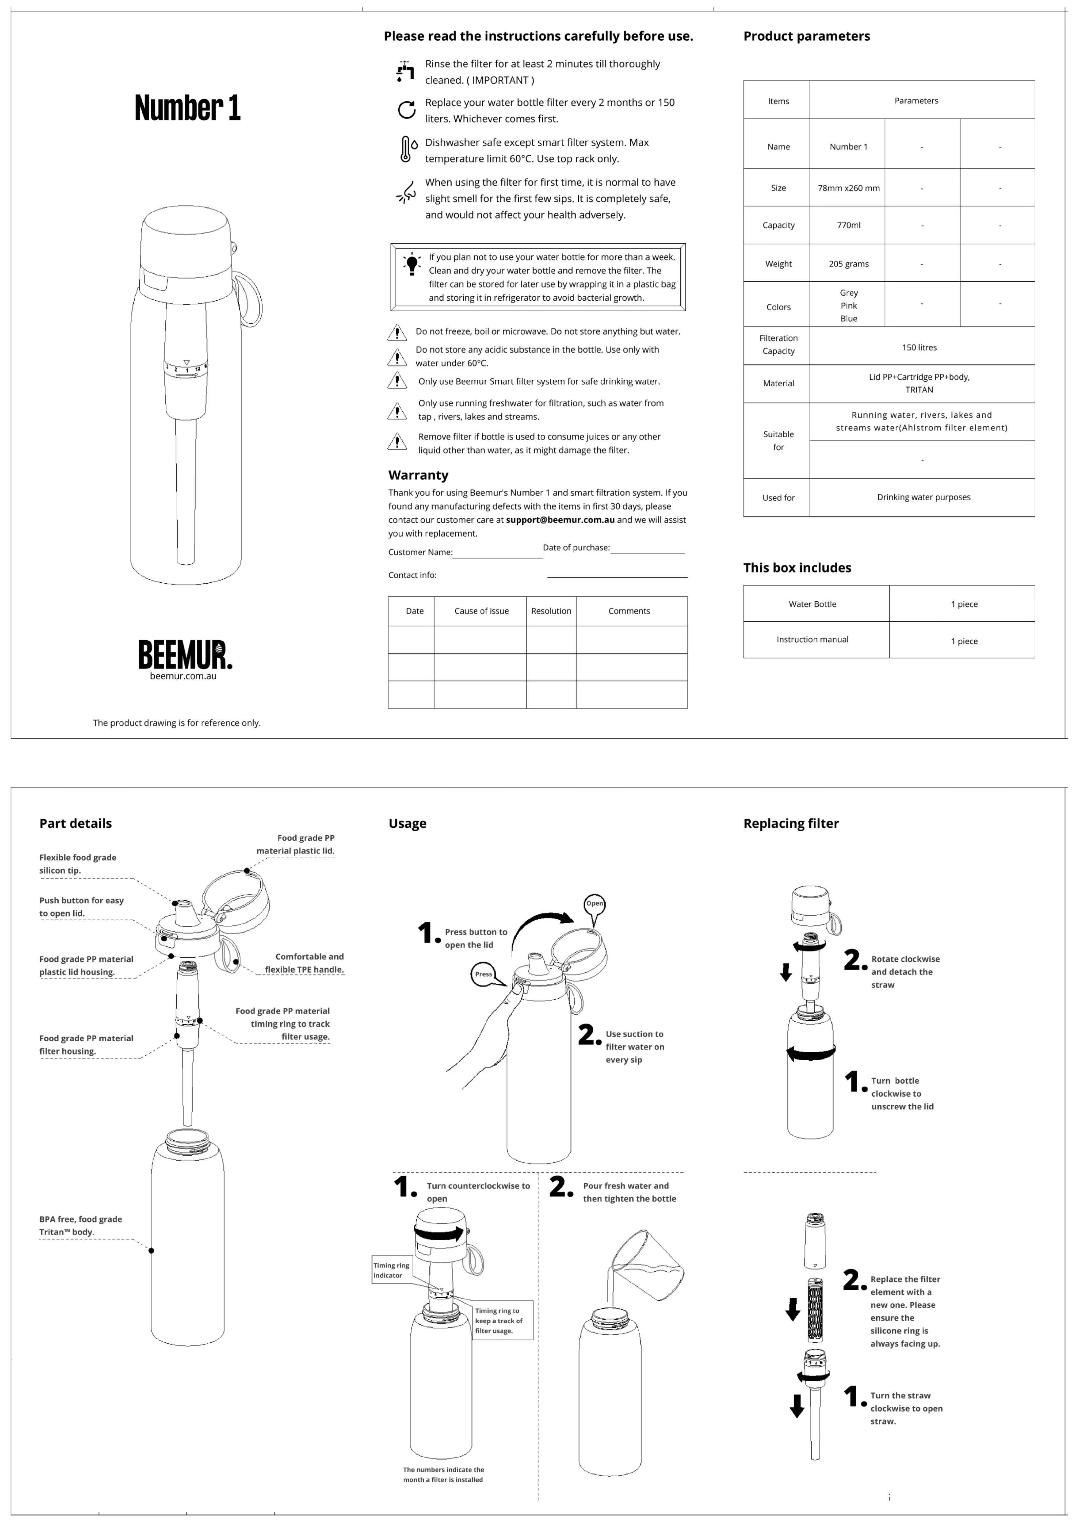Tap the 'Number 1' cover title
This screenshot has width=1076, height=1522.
[x=187, y=108]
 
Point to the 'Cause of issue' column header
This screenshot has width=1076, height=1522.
[x=481, y=611]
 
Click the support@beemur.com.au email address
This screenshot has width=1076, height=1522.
[x=560, y=520]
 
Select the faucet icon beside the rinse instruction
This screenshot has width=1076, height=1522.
[x=405, y=71]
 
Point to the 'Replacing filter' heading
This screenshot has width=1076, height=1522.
[x=791, y=823]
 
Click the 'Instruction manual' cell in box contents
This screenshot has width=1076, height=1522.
[x=812, y=640]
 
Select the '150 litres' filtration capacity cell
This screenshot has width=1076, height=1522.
[x=919, y=347]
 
